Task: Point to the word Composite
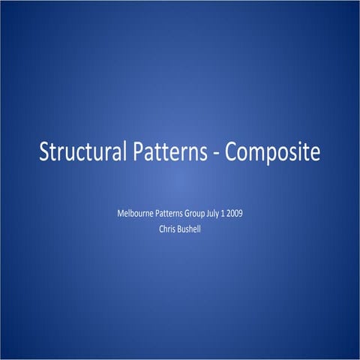tap(273, 152)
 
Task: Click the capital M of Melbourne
tap(121, 214)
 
